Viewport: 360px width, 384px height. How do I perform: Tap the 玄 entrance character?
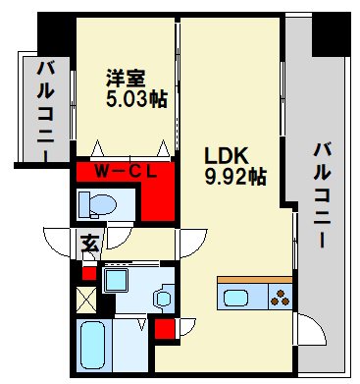(89, 243)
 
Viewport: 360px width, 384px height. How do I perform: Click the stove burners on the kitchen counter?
(281, 297)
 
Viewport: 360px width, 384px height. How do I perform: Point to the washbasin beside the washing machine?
(163, 294)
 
